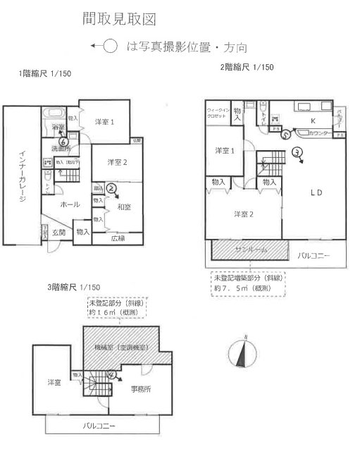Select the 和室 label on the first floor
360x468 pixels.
(125, 207)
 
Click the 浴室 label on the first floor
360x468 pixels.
(58, 127)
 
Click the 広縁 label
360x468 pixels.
(118, 238)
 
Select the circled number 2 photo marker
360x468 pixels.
(112, 187)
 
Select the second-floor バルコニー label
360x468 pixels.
(313, 254)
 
